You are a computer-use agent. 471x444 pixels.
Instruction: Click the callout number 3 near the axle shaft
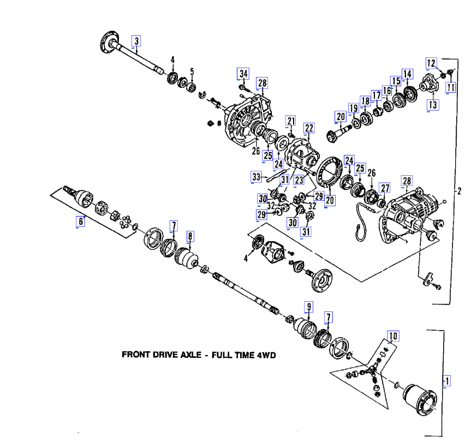(x=136, y=40)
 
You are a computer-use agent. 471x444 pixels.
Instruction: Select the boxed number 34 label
(x=243, y=74)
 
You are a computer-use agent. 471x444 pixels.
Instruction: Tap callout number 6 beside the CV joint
(x=81, y=221)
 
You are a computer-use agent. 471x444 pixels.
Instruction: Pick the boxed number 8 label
(x=190, y=236)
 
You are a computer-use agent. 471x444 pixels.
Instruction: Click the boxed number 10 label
(x=393, y=335)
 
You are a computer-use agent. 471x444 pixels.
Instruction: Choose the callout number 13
(x=432, y=104)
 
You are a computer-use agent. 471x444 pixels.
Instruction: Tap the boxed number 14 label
(x=407, y=74)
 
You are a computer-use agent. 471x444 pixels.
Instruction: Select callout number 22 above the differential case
(x=309, y=128)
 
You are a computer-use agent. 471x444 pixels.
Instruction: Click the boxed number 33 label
(x=256, y=176)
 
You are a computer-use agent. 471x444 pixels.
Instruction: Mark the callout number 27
(x=385, y=188)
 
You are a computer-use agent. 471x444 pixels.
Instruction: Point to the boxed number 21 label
(x=291, y=121)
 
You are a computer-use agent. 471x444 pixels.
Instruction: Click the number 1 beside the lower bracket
(x=448, y=380)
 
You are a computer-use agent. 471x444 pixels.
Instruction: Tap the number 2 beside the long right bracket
(x=459, y=191)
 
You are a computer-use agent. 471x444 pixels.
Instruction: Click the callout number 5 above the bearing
(x=192, y=71)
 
